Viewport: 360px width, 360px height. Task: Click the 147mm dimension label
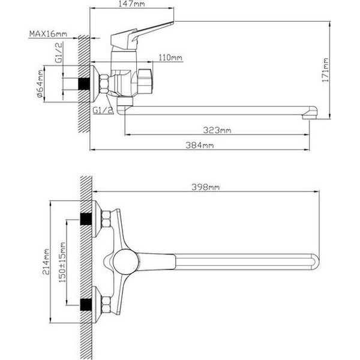[x=133, y=4]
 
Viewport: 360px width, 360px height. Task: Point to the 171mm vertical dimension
[x=325, y=70]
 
